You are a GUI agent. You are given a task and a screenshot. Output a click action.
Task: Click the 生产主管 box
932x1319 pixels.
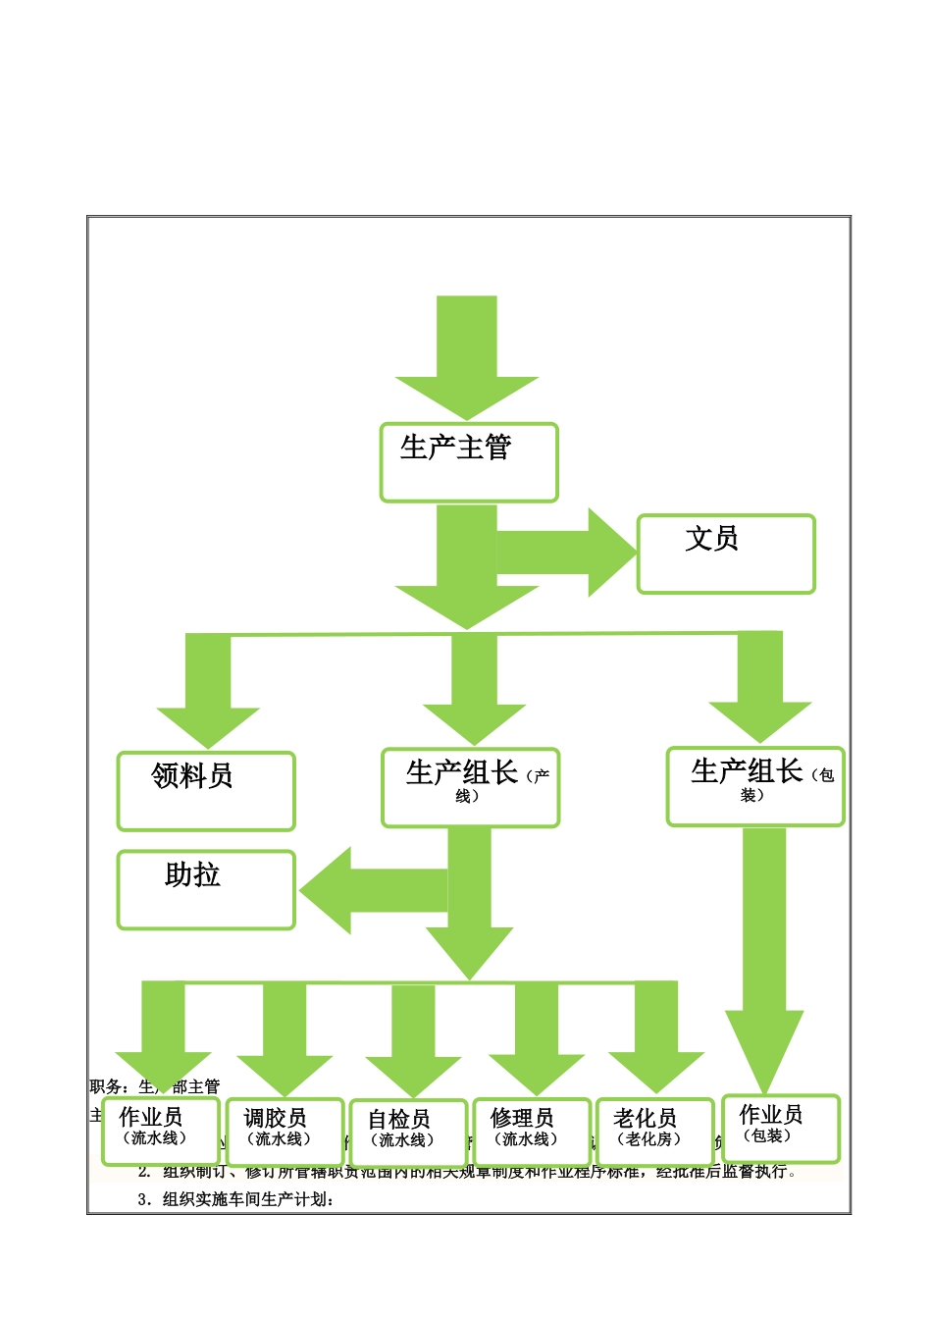[x=469, y=462]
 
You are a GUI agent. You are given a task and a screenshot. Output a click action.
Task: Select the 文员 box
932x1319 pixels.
[x=726, y=554]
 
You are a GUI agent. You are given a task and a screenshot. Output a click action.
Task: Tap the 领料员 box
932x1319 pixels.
[x=206, y=791]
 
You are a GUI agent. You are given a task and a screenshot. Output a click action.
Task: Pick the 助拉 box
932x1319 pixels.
[x=206, y=889]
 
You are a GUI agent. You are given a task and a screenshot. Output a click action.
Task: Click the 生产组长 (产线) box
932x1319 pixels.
[x=471, y=788]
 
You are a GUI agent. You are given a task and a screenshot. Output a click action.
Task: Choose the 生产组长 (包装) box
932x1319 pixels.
[x=755, y=786]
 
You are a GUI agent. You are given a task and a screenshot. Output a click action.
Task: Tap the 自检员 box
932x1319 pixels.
[x=408, y=1133]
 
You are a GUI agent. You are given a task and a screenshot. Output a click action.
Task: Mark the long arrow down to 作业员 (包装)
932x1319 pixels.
[x=764, y=952]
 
